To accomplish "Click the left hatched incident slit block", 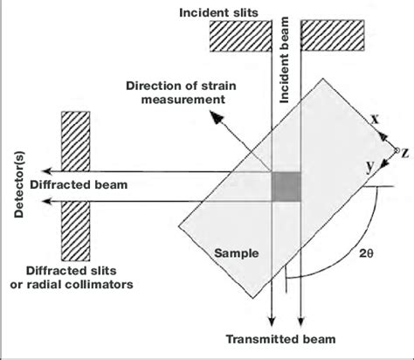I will tap(237, 35).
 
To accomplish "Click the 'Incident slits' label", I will tap(226, 11).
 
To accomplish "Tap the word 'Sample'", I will tap(235, 253).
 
